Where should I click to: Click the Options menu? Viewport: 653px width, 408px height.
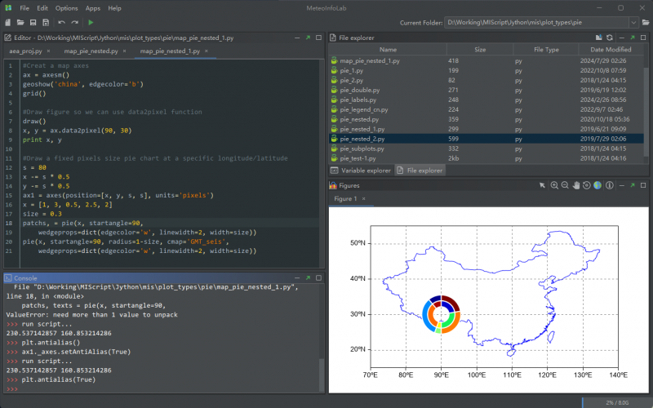click(67, 7)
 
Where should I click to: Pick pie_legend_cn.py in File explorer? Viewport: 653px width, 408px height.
click(363, 109)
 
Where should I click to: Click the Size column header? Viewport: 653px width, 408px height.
click(480, 50)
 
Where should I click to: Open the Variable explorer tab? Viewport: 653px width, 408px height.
click(360, 171)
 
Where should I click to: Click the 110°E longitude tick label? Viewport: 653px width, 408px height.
click(512, 375)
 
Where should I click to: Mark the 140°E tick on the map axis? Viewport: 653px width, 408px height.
click(618, 375)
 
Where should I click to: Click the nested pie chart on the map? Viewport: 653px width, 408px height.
click(442, 314)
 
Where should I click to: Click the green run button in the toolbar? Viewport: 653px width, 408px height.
click(90, 22)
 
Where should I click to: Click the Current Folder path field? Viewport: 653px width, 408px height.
click(543, 23)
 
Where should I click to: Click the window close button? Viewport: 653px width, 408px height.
click(641, 7)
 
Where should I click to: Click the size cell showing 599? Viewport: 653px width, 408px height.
click(455, 139)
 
